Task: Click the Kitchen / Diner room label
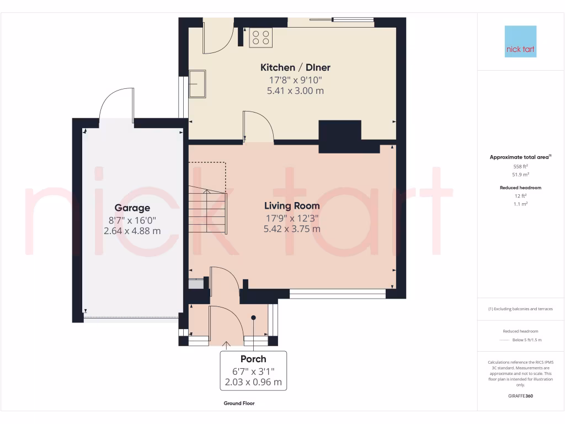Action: coord(295,67)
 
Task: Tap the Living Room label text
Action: coord(292,205)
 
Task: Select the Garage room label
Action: coord(132,208)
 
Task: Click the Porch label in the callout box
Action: coord(253,359)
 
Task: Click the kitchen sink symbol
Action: coord(197,83)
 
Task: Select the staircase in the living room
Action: coord(207,210)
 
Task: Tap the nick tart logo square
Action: coord(520,41)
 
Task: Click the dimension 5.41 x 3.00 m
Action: coord(292,91)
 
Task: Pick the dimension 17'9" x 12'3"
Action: coord(292,218)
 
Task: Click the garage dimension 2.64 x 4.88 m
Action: coord(132,231)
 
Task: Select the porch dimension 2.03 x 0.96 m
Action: coord(253,381)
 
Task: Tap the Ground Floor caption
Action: coord(239,404)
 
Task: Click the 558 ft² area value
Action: coord(520,166)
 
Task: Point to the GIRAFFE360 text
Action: coord(520,396)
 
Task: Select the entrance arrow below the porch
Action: coord(226,345)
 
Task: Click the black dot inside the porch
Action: coord(254,317)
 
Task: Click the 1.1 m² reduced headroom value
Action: coord(520,204)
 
